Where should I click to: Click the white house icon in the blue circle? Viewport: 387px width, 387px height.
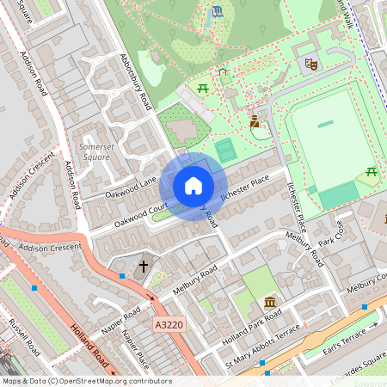coord(193,186)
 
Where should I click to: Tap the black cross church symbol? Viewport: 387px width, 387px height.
coord(144,267)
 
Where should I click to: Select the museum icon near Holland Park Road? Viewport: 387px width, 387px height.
coord(271,303)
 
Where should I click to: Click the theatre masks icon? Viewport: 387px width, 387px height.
coord(310,63)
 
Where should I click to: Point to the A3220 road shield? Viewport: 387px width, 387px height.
coord(170,325)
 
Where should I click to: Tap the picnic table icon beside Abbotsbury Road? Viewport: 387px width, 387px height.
coord(203,88)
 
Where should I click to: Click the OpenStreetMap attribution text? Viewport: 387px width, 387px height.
coord(86,381)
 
